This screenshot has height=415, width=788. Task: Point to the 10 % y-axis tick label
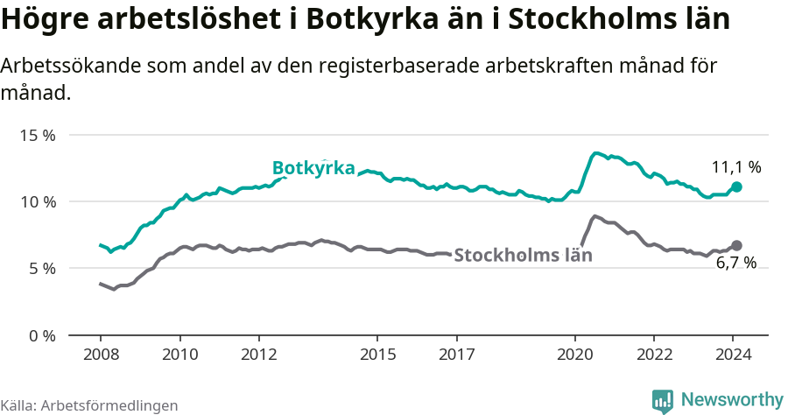tap(38, 201)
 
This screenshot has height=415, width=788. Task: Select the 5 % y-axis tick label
tap(41, 268)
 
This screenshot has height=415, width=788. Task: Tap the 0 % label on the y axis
tap(41, 335)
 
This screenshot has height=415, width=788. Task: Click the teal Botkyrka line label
tap(313, 168)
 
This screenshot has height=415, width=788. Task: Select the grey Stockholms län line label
tap(524, 256)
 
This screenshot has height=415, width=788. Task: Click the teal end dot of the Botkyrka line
tap(736, 186)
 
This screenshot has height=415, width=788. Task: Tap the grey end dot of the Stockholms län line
tap(736, 245)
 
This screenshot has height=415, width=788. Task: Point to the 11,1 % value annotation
tap(736, 166)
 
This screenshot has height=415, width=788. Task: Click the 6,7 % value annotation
tap(736, 264)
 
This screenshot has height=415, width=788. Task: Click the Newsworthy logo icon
tap(663, 401)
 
